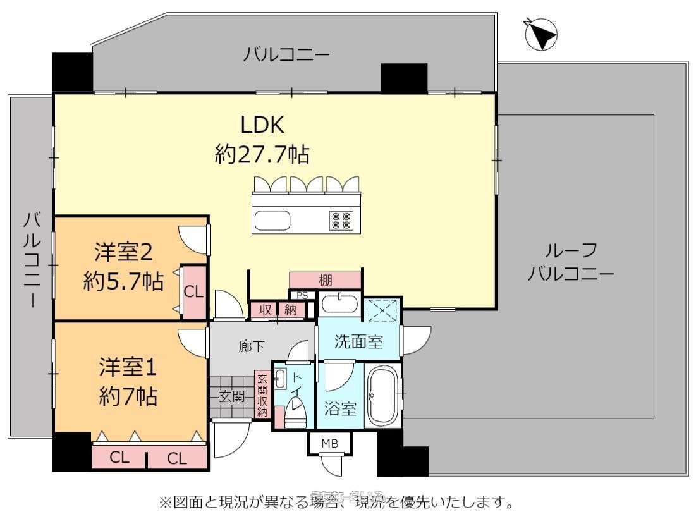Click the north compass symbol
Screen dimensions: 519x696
point(541,34)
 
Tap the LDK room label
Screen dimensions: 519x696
point(262,125)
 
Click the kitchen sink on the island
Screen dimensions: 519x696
point(272,221)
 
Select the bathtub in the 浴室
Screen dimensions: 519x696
point(383,397)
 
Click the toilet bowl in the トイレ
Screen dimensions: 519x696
point(295,414)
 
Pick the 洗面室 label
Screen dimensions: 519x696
point(358,342)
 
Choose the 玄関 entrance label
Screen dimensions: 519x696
point(232,396)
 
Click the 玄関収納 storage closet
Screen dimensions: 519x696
point(262,395)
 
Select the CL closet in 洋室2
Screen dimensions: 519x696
point(193,292)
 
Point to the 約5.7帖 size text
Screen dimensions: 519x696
point(123,281)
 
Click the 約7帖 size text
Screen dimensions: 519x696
point(128,396)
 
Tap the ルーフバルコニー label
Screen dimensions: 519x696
point(571,262)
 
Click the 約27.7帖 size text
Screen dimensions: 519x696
point(262,154)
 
